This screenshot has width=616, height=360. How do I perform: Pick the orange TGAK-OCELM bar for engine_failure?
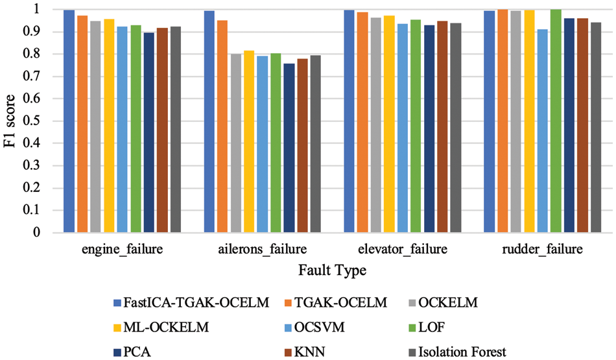click(82, 124)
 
